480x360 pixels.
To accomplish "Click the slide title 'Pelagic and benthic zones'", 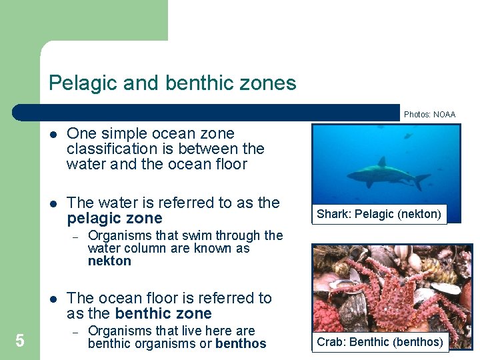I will pyautogui.click(x=173, y=83).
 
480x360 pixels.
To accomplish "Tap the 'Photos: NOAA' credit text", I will pyautogui.click(x=429, y=115).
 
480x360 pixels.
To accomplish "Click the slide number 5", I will pyautogui.click(x=20, y=341).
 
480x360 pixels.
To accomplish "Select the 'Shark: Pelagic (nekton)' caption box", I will pyautogui.click(x=379, y=214).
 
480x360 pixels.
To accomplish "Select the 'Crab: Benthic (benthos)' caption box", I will pyautogui.click(x=379, y=342).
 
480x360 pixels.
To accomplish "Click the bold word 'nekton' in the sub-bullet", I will pyautogui.click(x=109, y=261).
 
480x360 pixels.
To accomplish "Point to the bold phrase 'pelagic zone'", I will pyautogui.click(x=114, y=219).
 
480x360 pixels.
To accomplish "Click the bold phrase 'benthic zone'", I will pyautogui.click(x=163, y=313).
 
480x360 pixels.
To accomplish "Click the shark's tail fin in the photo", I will pyautogui.click(x=421, y=180).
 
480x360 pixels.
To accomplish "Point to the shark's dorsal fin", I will pyautogui.click(x=382, y=162).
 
